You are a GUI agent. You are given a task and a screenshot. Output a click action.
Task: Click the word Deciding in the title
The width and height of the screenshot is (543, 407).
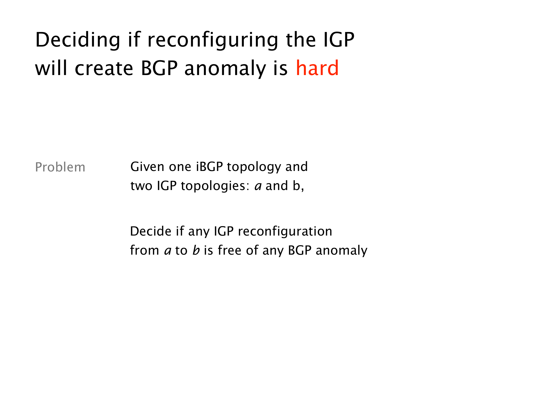click(78, 40)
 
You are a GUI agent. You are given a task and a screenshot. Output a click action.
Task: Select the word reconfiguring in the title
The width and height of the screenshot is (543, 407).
click(213, 40)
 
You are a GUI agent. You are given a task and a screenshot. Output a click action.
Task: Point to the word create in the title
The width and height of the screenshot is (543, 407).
click(104, 68)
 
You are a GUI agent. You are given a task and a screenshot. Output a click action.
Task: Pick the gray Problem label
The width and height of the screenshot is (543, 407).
click(60, 167)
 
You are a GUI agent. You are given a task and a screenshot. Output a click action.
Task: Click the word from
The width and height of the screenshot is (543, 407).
click(145, 250)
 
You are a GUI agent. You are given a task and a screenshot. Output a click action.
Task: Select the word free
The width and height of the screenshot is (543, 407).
click(230, 250)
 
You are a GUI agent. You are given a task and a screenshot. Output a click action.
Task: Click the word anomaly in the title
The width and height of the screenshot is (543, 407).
click(225, 68)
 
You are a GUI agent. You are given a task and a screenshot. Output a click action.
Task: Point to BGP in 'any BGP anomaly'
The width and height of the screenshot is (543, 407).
click(300, 250)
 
